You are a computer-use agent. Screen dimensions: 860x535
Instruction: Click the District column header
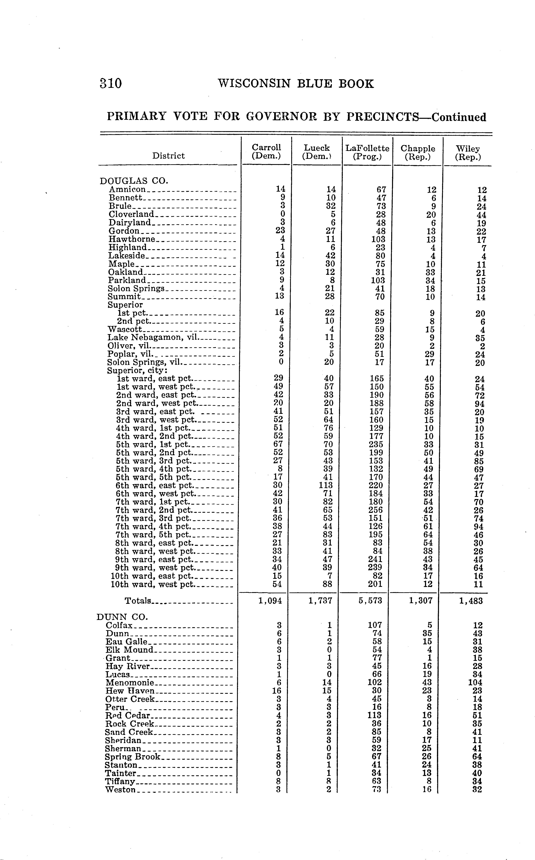(169, 156)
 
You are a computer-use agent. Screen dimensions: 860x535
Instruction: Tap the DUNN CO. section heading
(122, 617)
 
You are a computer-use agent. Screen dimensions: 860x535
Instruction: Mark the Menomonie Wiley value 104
(475, 682)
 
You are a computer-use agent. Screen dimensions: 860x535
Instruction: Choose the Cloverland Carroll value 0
(282, 214)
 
